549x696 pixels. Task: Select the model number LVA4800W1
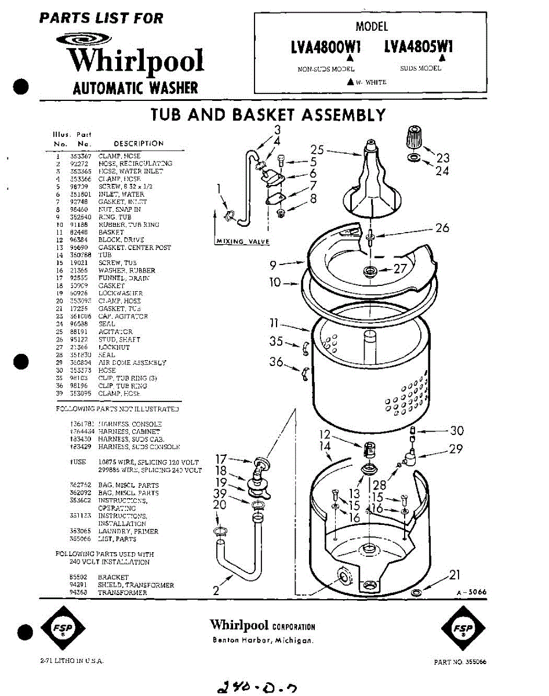[x=326, y=46]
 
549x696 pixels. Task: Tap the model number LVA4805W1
[x=419, y=46]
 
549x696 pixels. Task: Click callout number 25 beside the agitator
[x=317, y=149]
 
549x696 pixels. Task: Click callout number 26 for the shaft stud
[x=442, y=228]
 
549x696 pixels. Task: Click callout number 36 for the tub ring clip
[x=277, y=362]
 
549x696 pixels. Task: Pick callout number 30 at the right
[x=457, y=431]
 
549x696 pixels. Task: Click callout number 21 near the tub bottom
[x=455, y=575]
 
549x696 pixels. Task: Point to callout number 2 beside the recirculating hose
[x=216, y=591]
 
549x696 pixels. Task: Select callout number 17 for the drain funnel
[x=221, y=459]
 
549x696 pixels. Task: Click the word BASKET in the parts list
[x=111, y=232]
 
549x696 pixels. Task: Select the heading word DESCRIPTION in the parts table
[x=139, y=144]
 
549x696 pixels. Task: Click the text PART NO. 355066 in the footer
[x=460, y=662]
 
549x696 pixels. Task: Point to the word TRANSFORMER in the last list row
[x=123, y=593]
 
